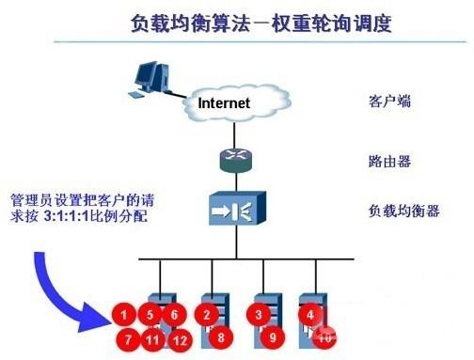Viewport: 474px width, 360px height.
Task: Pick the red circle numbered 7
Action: [122, 337]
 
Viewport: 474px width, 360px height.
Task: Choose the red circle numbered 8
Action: [218, 335]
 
